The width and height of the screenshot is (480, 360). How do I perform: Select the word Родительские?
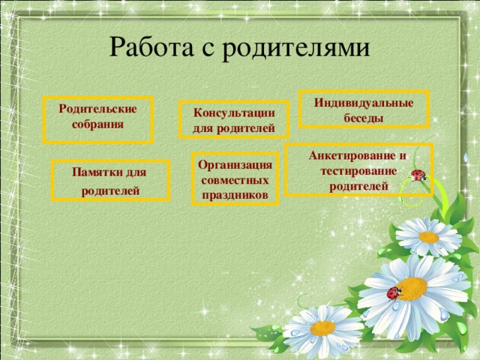coord(97,109)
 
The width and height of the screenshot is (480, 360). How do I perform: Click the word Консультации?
coord(233,113)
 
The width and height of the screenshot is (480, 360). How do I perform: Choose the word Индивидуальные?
coord(364,103)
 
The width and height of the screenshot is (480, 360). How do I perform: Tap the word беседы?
coord(364,118)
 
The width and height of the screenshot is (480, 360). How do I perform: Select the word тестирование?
coord(358,170)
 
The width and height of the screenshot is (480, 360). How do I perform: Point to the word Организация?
coord(235,166)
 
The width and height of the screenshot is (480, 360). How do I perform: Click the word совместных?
coord(235,181)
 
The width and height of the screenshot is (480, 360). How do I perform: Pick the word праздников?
coord(235,196)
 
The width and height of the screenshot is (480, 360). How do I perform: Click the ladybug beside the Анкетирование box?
coord(418,175)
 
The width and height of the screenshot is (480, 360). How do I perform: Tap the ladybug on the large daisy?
coord(394,293)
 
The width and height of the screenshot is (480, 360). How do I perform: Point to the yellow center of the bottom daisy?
coord(323,328)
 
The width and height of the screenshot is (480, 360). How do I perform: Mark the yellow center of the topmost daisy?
coord(429,237)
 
